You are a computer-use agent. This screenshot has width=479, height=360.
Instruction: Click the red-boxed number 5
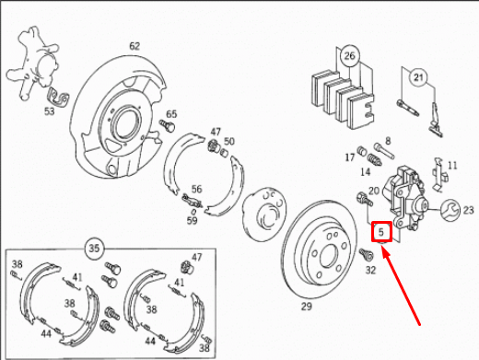tap(381, 232)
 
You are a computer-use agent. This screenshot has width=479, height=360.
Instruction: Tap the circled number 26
tap(348, 57)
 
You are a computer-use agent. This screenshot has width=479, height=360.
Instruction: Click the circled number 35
tap(94, 248)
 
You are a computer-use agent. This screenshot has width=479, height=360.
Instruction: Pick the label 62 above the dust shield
tap(134, 45)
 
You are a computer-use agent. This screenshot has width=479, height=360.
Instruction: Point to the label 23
tap(468, 210)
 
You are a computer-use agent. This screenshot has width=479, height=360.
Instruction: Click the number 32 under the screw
tap(370, 271)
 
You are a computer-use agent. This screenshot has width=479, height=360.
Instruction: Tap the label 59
tap(192, 221)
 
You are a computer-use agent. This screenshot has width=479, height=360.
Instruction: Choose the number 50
tap(229, 141)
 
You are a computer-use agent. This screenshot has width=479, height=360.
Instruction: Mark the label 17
tap(350, 158)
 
